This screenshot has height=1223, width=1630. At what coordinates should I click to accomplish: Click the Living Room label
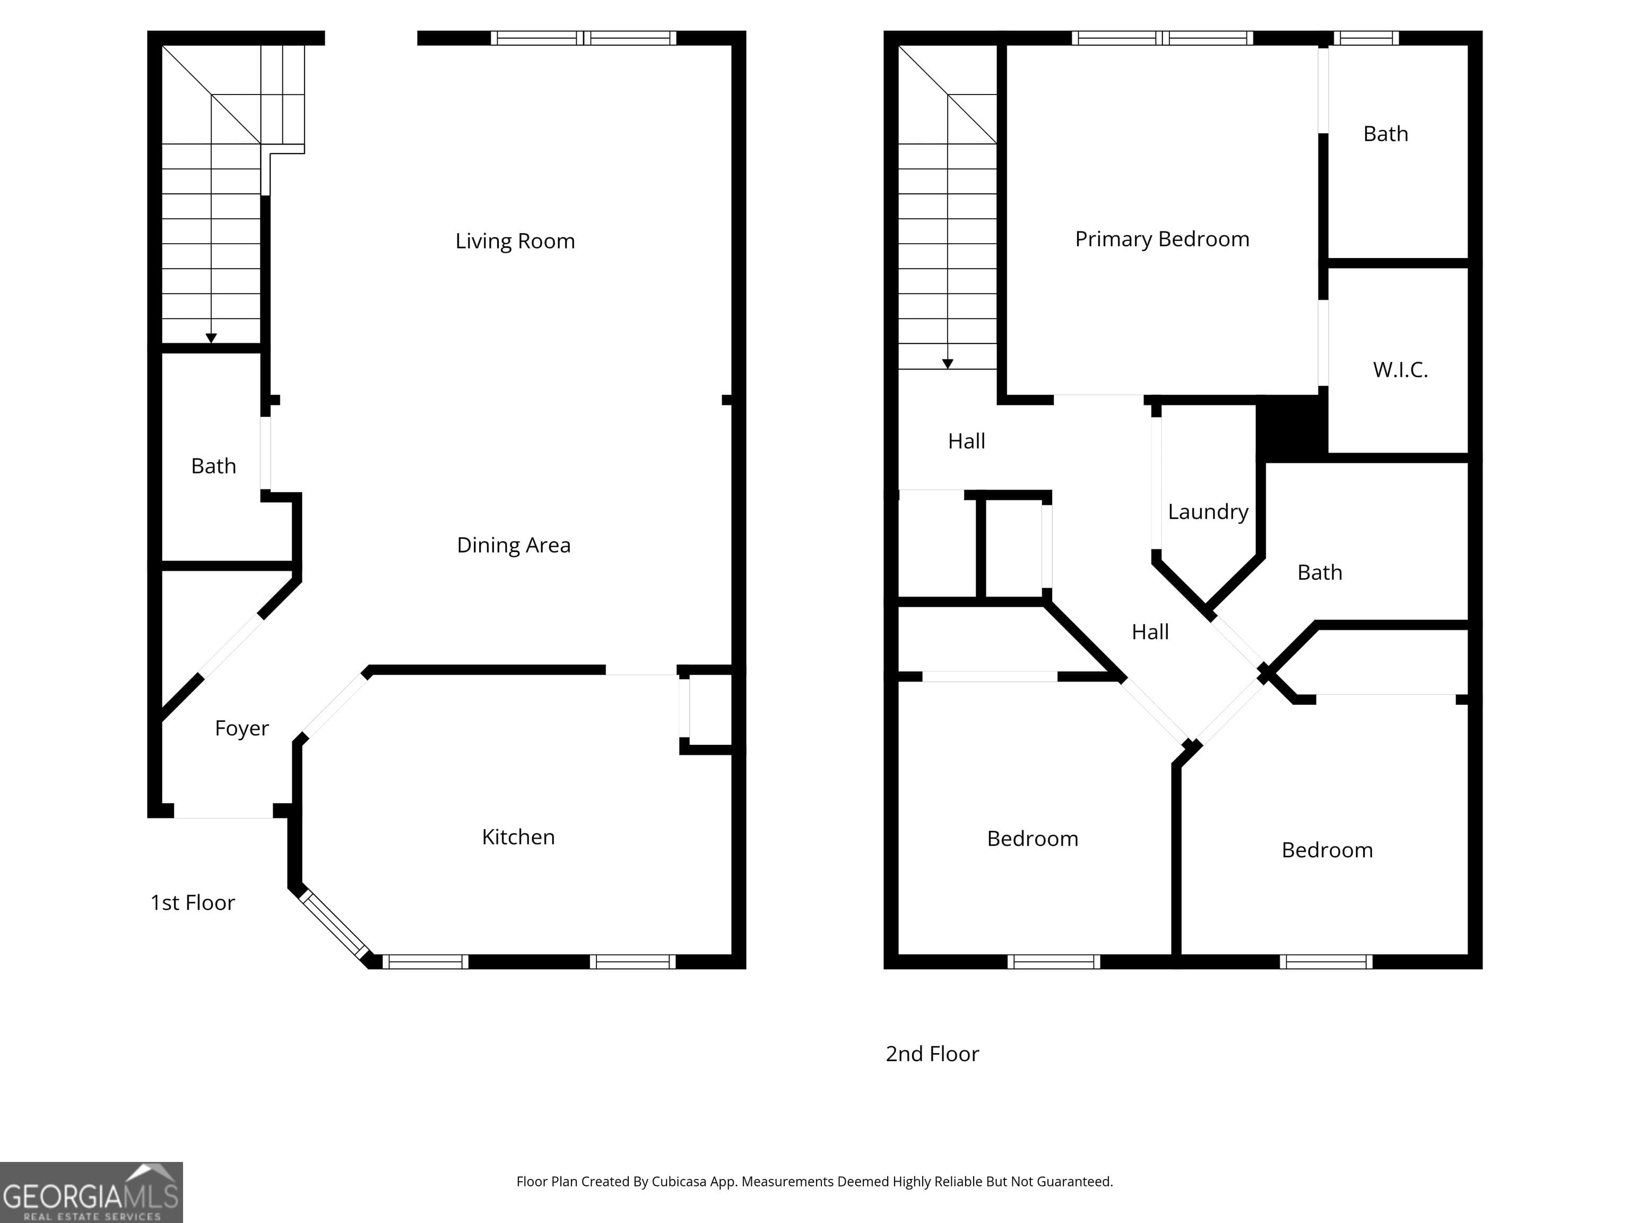515,241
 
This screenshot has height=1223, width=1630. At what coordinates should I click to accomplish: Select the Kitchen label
518,837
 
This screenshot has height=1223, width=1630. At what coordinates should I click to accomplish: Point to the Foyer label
242,728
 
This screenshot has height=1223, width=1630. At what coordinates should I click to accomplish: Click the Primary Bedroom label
1162,239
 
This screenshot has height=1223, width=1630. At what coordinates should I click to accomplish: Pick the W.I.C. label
1400,369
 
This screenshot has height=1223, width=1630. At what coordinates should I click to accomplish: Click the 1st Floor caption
192,902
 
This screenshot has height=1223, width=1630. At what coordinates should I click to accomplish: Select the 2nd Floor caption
932,1054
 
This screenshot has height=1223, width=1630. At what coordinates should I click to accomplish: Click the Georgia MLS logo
91,1192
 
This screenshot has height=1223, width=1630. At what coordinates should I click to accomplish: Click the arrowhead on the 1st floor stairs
212,338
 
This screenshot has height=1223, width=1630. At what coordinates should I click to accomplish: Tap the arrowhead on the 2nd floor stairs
948,364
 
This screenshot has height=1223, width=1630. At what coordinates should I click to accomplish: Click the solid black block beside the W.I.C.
1292,427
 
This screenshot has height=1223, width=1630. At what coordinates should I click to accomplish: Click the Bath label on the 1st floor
214,466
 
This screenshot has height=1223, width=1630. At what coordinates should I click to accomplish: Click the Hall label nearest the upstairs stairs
966,441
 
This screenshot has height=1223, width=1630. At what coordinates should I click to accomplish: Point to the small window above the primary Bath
1366,38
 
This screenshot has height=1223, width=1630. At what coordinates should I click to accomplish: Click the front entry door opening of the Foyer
223,811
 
